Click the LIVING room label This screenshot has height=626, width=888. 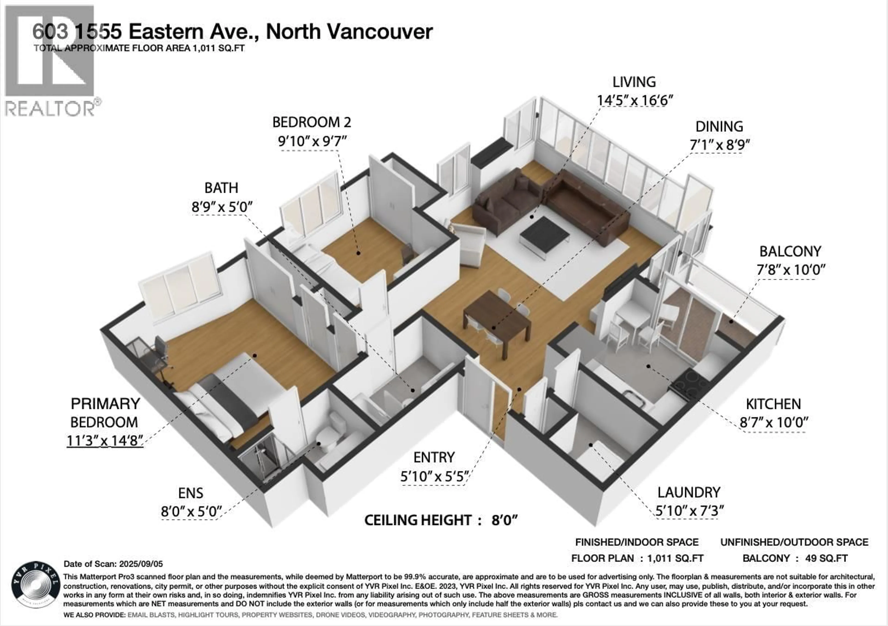634,82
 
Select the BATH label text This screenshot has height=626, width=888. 221,188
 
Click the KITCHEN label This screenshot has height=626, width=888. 773,404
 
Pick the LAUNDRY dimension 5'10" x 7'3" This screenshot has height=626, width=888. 689,511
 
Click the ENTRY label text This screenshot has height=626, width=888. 434,458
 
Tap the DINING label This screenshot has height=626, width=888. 719,127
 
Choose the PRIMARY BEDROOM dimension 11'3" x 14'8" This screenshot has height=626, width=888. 105,440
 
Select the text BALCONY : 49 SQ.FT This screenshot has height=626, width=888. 795,558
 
